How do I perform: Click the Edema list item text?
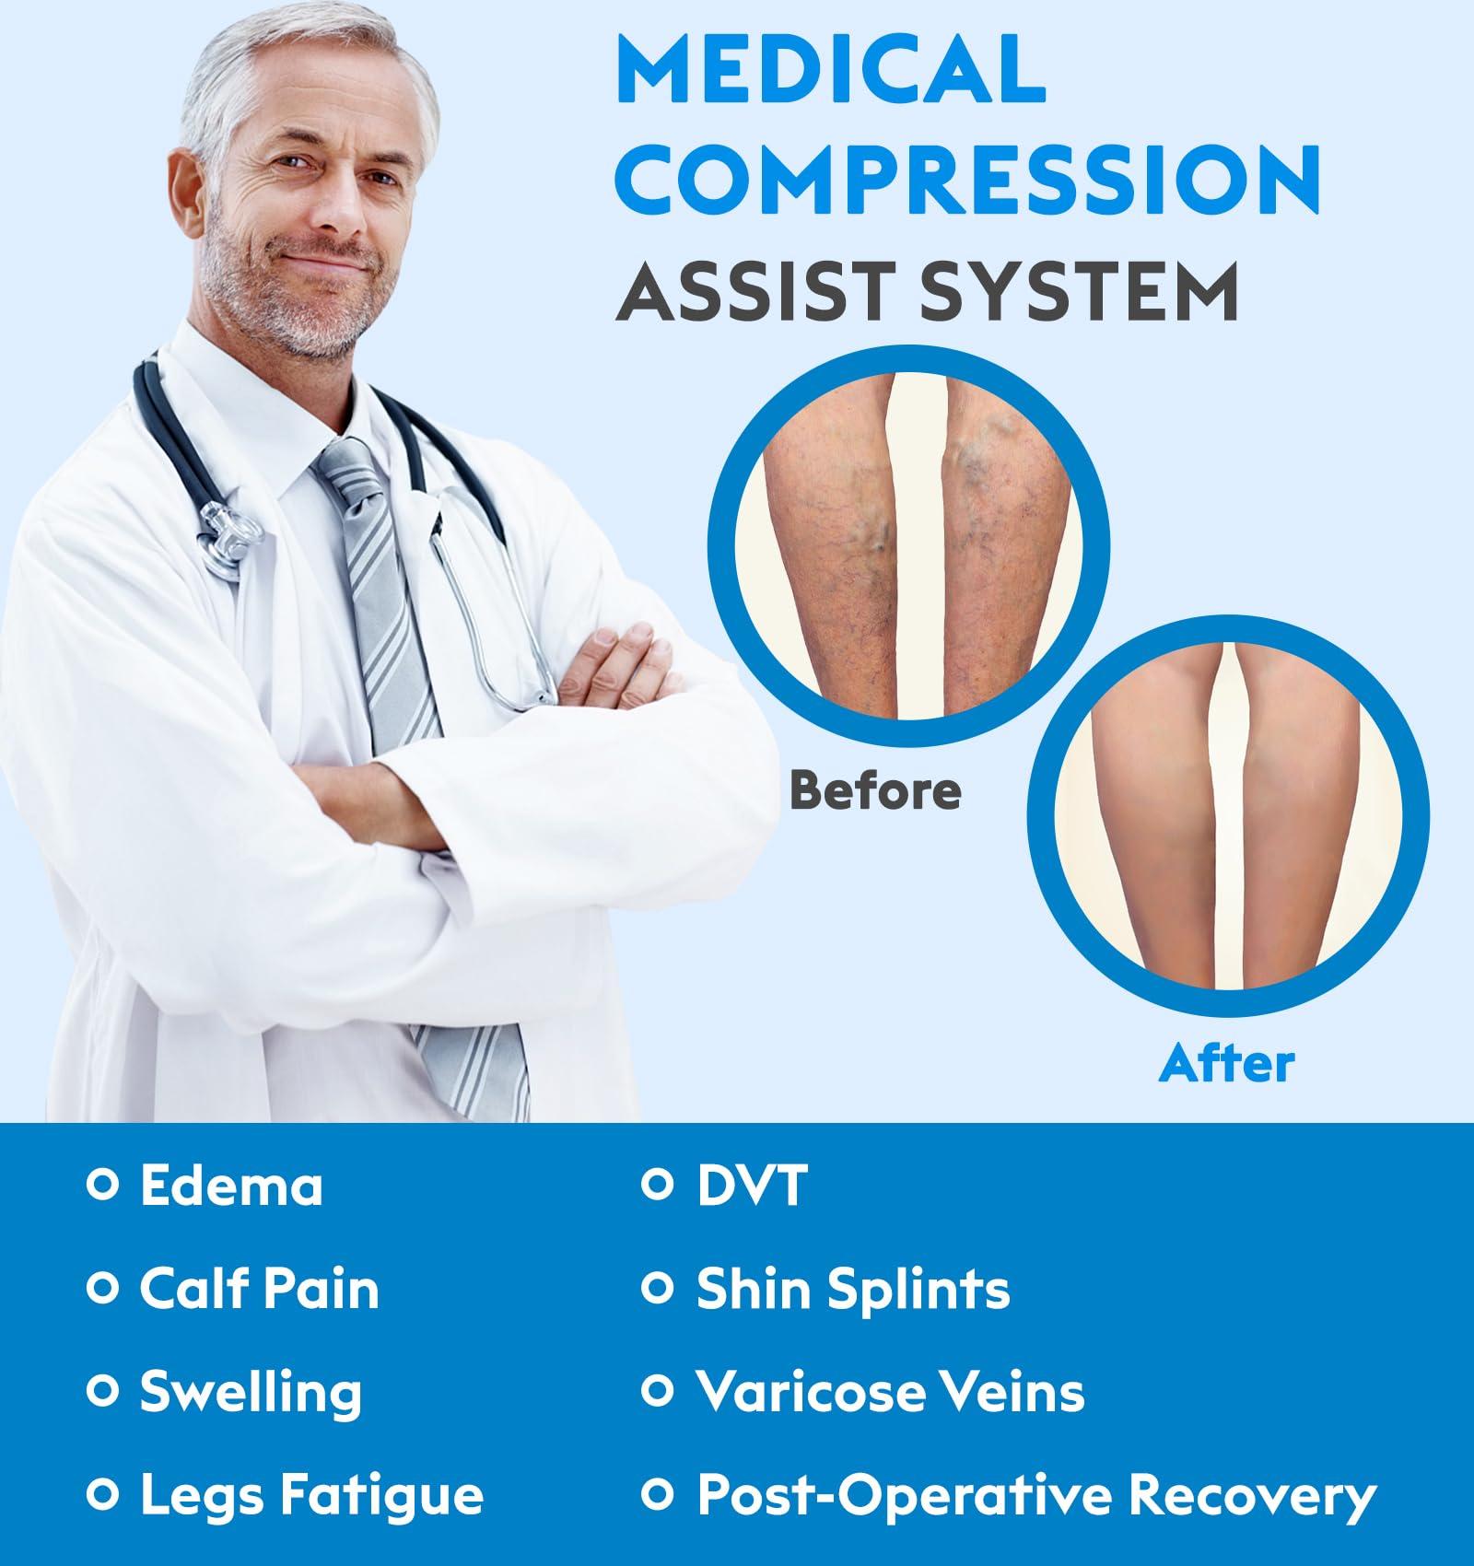(x=231, y=1186)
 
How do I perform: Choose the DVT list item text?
(x=752, y=1186)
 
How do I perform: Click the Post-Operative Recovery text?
(x=1036, y=1496)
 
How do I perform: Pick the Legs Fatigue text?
(x=311, y=1496)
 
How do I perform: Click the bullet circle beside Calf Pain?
(x=102, y=1288)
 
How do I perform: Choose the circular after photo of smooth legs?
(x=1228, y=815)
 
